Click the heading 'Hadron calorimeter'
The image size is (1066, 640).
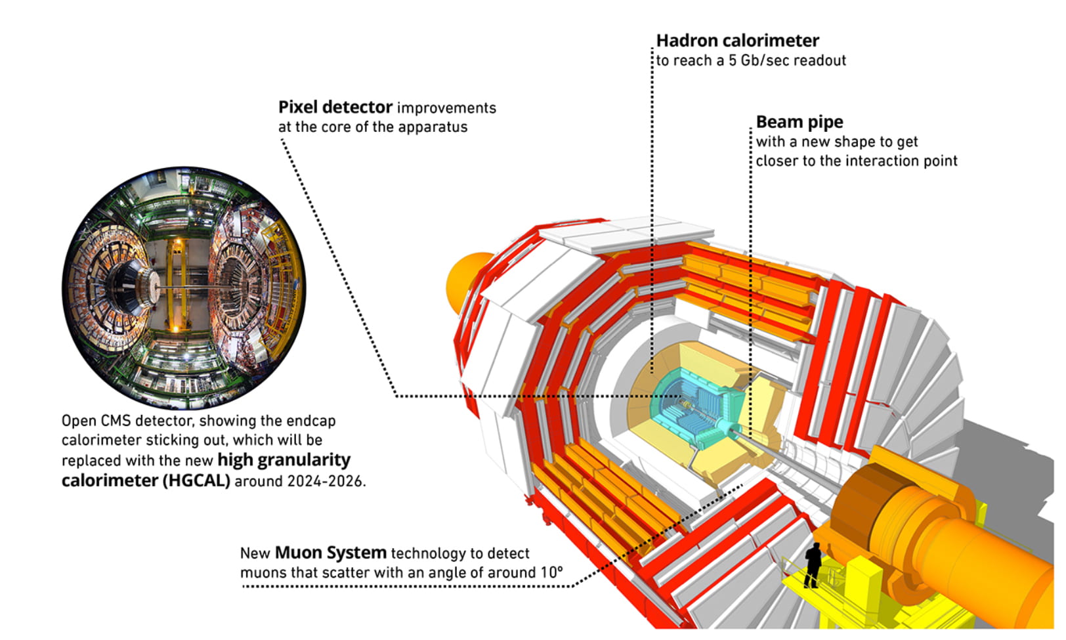pos(737,41)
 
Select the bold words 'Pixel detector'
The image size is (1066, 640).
pos(335,107)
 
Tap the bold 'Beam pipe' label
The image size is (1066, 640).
pos(799,122)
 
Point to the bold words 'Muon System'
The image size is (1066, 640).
pos(330,553)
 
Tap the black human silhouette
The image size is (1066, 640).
pos(813,564)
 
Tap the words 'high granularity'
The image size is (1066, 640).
pos(284,460)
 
